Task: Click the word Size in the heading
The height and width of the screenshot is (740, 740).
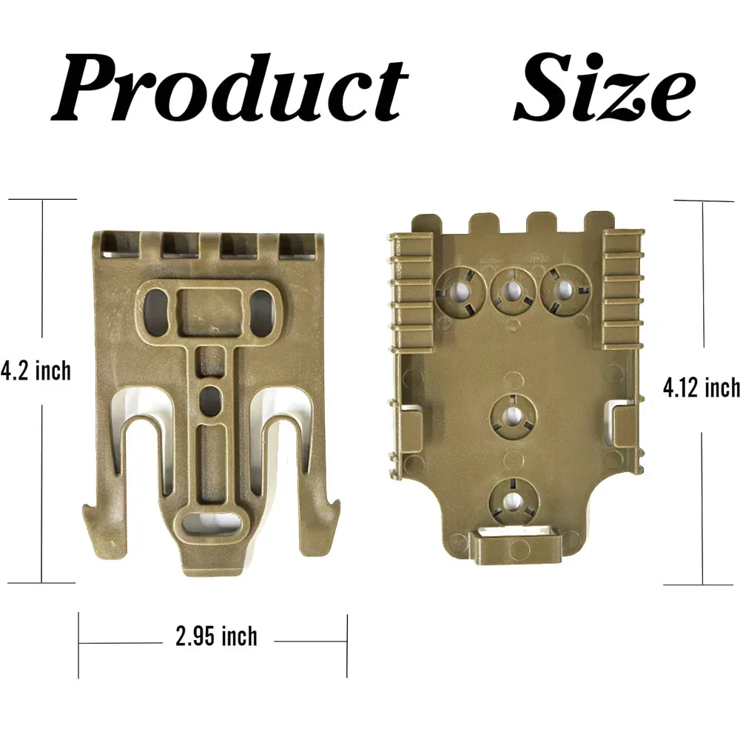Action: point(604,88)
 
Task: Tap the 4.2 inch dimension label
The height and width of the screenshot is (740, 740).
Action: point(36,371)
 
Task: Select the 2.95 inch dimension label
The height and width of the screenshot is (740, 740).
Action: point(217,636)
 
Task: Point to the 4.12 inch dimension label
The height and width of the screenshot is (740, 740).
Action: point(702,388)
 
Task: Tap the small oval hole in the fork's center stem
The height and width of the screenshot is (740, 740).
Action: point(211,398)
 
